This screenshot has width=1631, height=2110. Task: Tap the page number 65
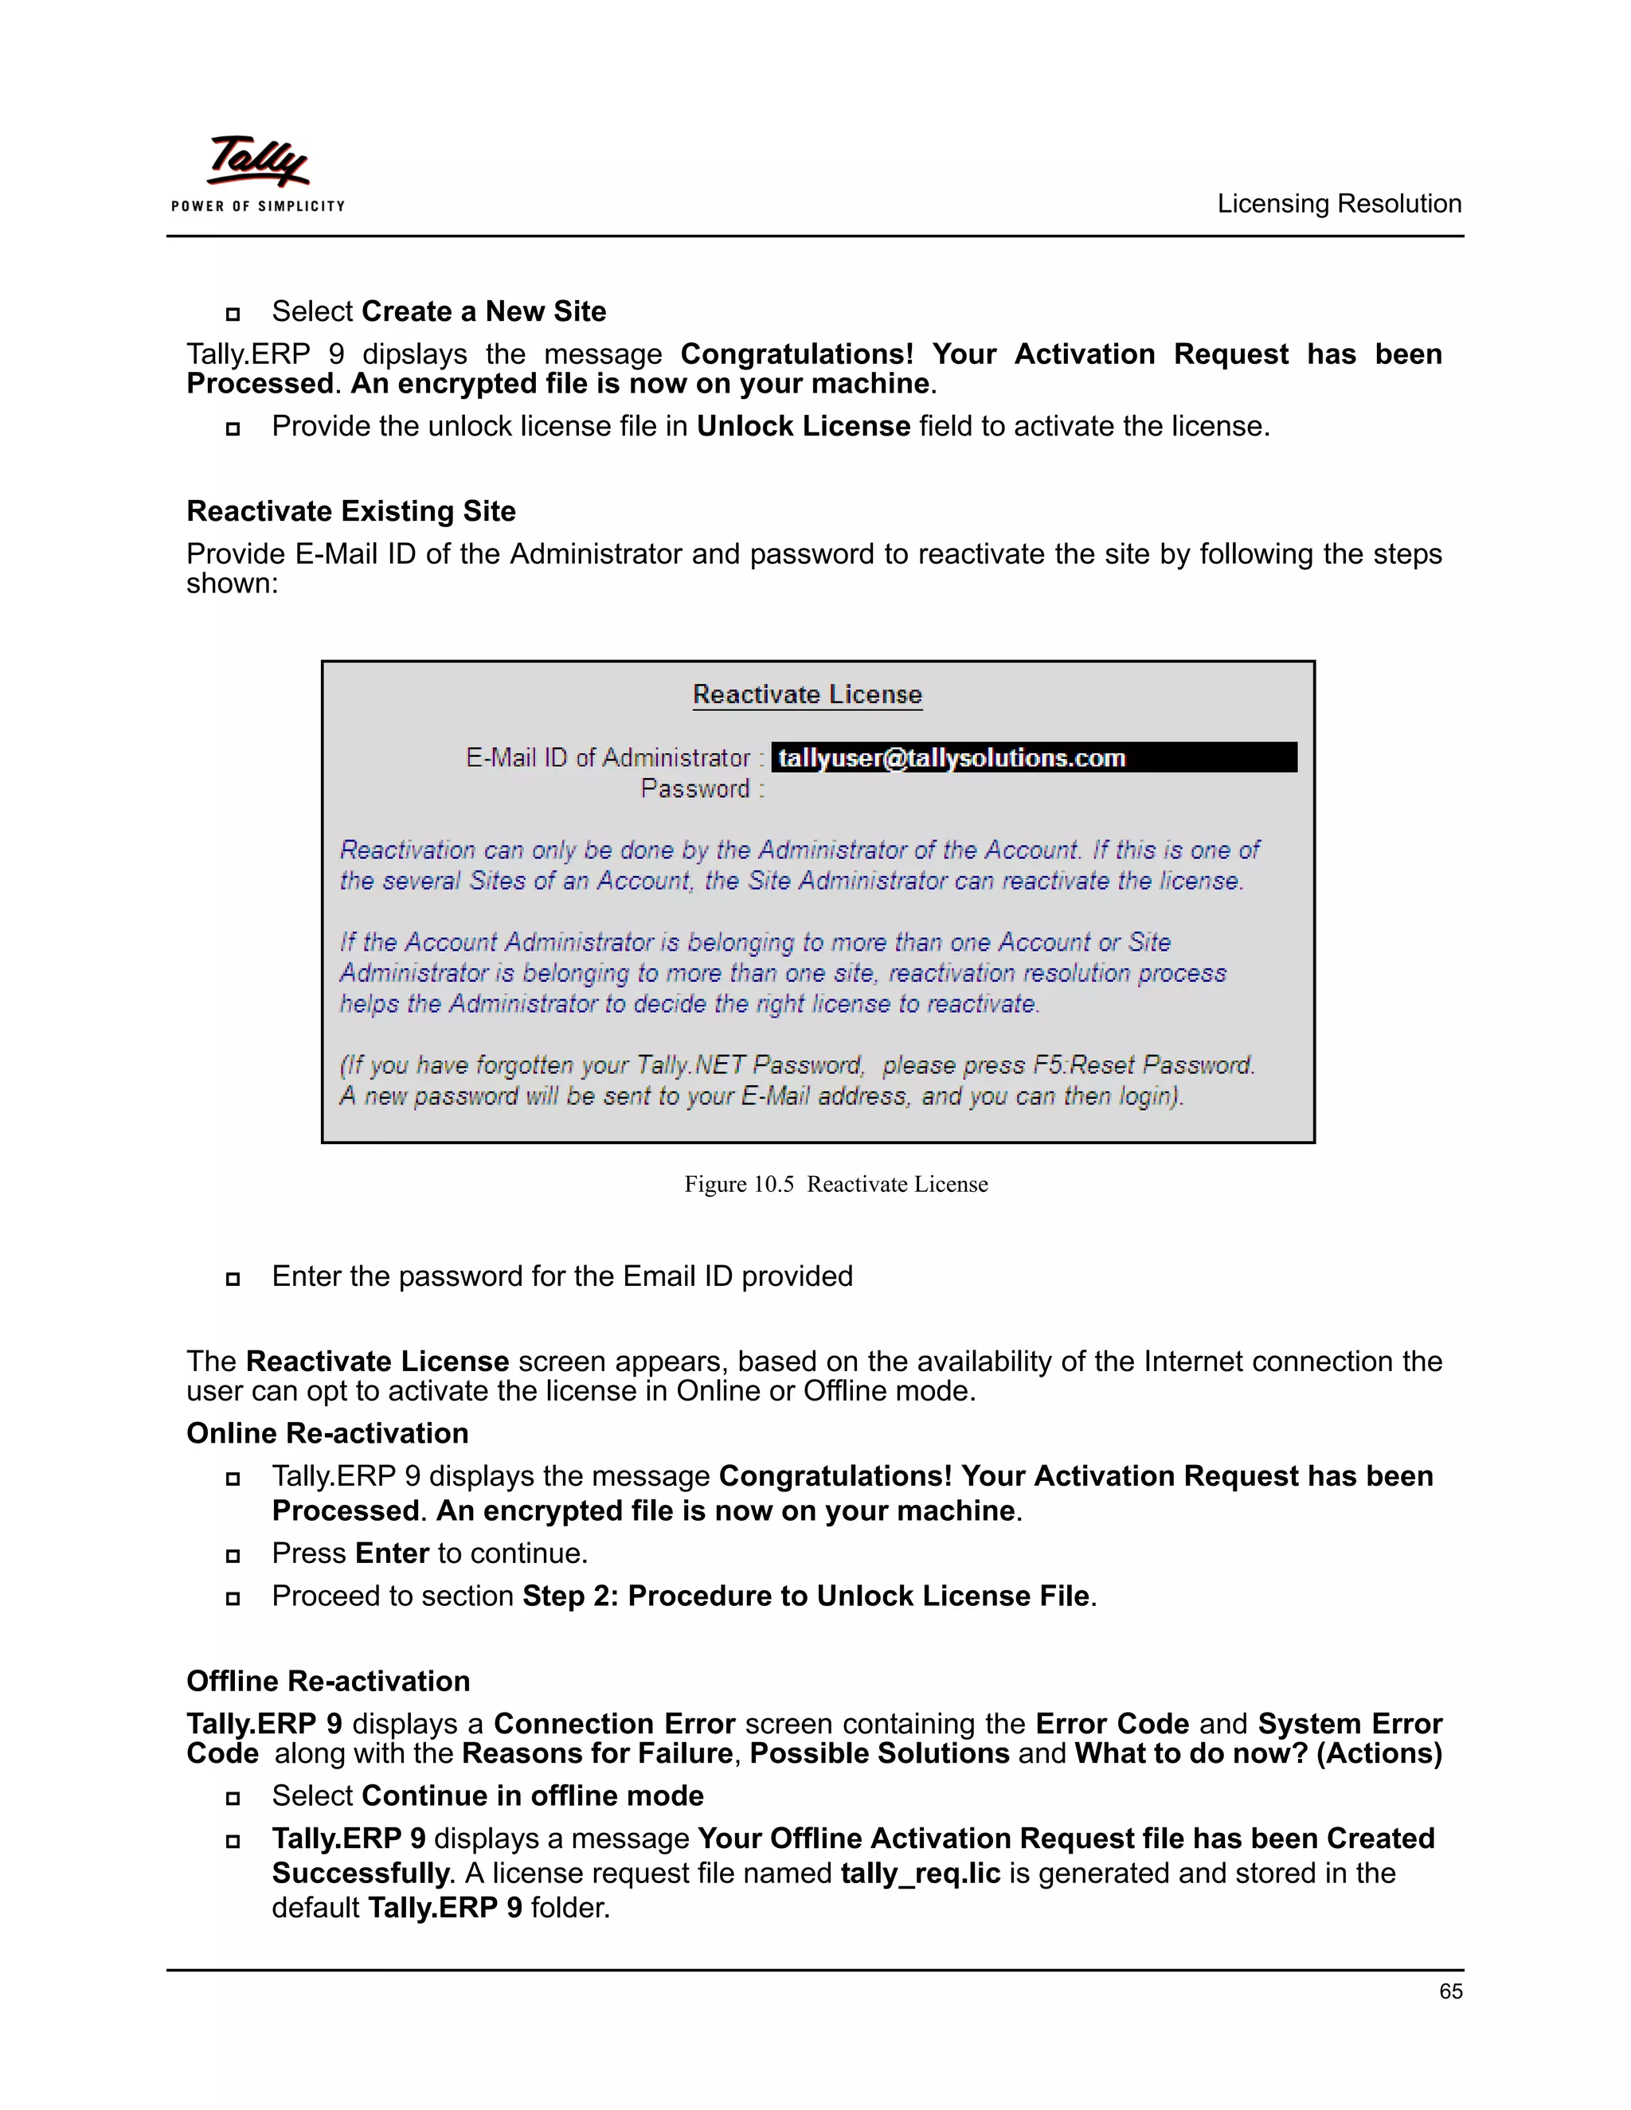pyautogui.click(x=1449, y=1991)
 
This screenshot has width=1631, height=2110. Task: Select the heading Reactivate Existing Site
pyautogui.click(x=350, y=511)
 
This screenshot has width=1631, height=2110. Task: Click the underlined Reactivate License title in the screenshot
pyautogui.click(x=807, y=694)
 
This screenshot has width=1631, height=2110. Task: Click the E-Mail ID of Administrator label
pyautogui.click(x=608, y=758)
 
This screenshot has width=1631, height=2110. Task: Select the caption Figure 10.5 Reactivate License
pyautogui.click(x=835, y=1185)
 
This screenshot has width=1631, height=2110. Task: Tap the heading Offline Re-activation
pyautogui.click(x=327, y=1681)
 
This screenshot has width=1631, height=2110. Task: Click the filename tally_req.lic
pyautogui.click(x=920, y=1874)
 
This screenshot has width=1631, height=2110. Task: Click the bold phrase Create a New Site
pyautogui.click(x=484, y=311)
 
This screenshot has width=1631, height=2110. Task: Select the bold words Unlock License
pyautogui.click(x=803, y=426)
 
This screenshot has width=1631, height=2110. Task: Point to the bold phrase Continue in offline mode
pyautogui.click(x=533, y=1796)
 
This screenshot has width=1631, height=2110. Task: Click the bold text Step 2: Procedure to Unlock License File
pyautogui.click(x=806, y=1596)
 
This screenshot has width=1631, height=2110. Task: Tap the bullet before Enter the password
pyautogui.click(x=233, y=1278)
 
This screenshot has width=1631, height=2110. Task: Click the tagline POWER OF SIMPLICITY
pyautogui.click(x=258, y=205)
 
